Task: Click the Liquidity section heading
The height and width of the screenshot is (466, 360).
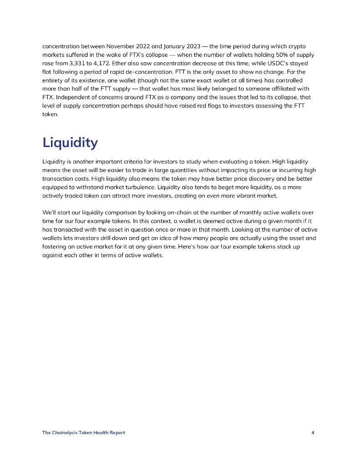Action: point(70,143)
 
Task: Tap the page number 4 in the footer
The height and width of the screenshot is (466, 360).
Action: point(313,433)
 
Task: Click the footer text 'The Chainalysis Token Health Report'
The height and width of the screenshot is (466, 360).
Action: point(83,433)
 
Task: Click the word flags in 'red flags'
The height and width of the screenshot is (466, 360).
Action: point(200,106)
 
